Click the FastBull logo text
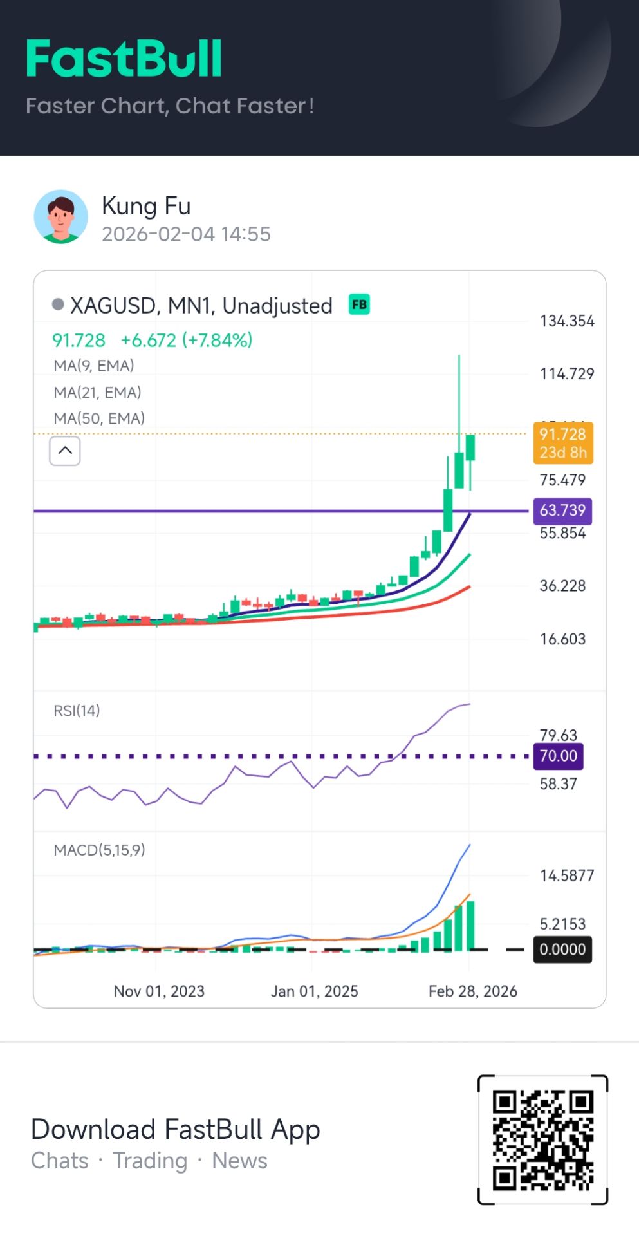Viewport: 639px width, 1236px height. tap(124, 59)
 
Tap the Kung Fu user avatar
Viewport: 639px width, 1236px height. tap(60, 216)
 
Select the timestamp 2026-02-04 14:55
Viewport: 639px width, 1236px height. tap(186, 234)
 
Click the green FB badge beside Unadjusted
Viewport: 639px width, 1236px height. tap(359, 304)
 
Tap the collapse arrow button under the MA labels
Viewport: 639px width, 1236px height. tap(65, 451)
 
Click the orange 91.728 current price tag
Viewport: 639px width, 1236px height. tap(562, 443)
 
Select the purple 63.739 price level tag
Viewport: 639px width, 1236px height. tap(562, 510)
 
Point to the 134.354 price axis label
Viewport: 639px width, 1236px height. tap(566, 321)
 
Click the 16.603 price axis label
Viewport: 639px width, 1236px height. tap(562, 639)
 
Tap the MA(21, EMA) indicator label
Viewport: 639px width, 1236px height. tap(97, 392)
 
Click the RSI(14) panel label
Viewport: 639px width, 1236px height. tap(77, 711)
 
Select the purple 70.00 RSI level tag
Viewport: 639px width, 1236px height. tap(558, 756)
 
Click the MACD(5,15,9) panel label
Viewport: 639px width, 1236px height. tap(99, 850)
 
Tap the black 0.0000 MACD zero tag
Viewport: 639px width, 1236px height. tap(562, 950)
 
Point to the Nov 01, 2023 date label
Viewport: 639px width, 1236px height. tap(159, 991)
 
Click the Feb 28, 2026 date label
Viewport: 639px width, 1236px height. tap(472, 991)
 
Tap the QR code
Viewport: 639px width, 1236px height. tap(542, 1139)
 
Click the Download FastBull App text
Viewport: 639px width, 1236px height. tap(175, 1129)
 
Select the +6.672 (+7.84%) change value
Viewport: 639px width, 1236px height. tap(187, 340)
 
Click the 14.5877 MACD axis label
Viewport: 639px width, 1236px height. tap(566, 876)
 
